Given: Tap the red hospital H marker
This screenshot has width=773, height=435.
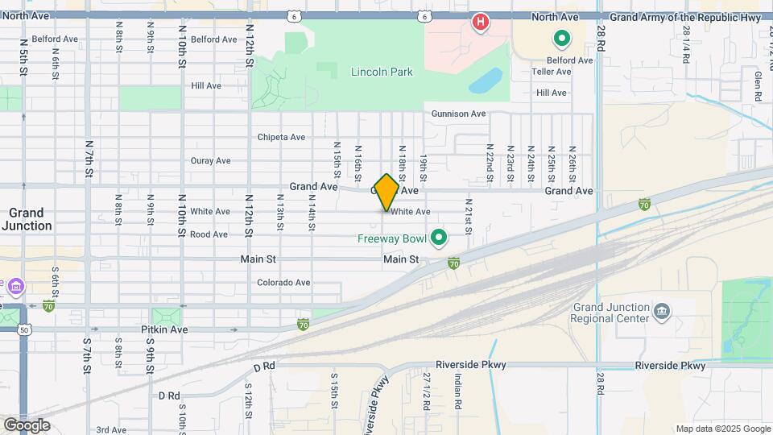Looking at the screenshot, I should (481, 22).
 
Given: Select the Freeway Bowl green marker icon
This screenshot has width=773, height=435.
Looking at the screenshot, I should (439, 238).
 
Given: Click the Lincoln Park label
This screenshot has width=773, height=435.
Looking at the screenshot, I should (382, 72).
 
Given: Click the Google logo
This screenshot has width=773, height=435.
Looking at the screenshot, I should (27, 425).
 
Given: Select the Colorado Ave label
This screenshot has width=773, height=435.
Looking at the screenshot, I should (283, 283).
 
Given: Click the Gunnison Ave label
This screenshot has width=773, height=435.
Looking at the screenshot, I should (459, 114).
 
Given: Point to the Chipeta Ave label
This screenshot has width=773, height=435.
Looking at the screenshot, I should (281, 137).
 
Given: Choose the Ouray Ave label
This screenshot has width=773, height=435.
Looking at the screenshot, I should (211, 160).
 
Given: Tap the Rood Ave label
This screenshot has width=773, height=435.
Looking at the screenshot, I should (209, 235).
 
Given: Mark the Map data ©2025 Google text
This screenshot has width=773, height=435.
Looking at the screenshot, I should (721, 429).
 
